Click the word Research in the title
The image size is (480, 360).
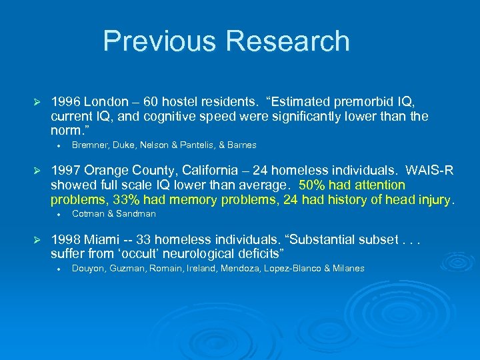pos(289,41)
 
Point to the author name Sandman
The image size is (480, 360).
pos(135,214)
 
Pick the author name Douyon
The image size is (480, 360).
pos(87,269)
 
